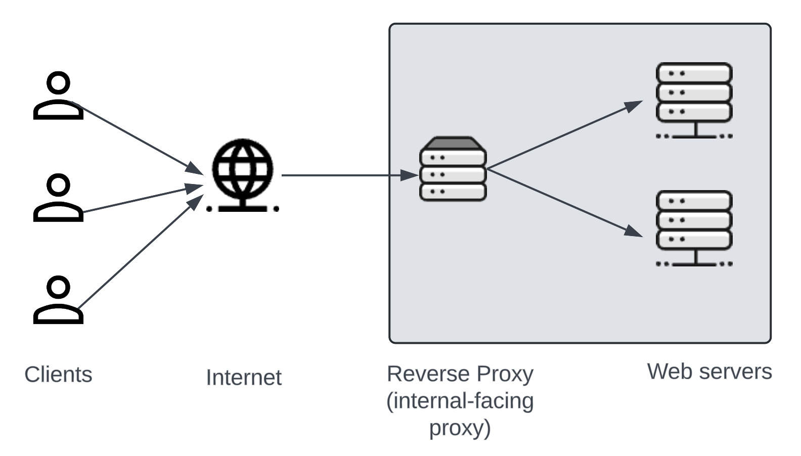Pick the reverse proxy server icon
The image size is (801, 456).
[453, 169]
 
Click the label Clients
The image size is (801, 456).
[58, 375]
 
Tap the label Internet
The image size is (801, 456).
[244, 378]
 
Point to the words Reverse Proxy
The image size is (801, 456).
[460, 374]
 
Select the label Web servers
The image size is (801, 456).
[709, 372]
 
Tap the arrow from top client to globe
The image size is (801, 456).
[137, 137]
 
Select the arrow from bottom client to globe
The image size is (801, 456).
[137, 253]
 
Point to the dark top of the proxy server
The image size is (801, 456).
[453, 144]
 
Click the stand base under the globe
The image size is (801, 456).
[243, 208]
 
